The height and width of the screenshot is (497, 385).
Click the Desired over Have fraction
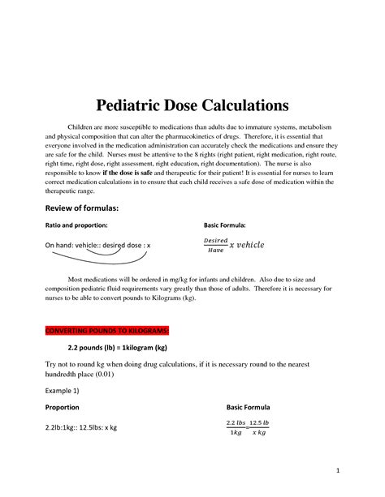[214, 245]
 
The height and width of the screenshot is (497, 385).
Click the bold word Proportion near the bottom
[62, 407]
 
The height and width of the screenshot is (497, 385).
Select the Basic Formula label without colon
[248, 407]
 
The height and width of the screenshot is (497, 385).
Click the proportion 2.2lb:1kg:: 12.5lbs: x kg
[81, 427]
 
